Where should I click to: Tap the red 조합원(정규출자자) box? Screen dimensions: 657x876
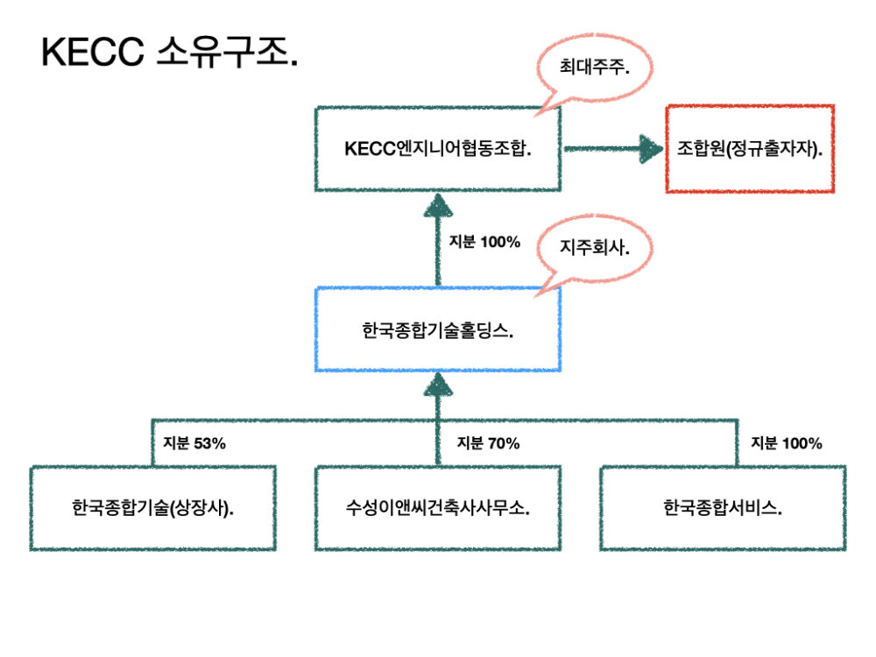tap(750, 149)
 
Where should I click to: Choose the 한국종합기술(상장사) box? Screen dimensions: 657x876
tap(153, 508)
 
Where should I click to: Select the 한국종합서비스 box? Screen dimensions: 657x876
tap(723, 508)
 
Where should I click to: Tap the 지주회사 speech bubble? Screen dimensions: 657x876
tap(594, 249)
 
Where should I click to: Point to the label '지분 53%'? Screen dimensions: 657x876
tap(194, 443)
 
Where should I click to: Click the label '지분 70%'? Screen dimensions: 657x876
tap(488, 443)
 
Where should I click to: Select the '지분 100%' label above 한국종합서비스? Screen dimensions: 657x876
tap(787, 443)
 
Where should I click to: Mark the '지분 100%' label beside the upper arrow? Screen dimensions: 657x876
tap(484, 242)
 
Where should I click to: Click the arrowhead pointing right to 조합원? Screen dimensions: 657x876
tap(649, 149)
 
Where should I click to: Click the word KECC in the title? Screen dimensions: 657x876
tap(92, 54)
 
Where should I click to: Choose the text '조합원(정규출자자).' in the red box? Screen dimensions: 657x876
tap(750, 149)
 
